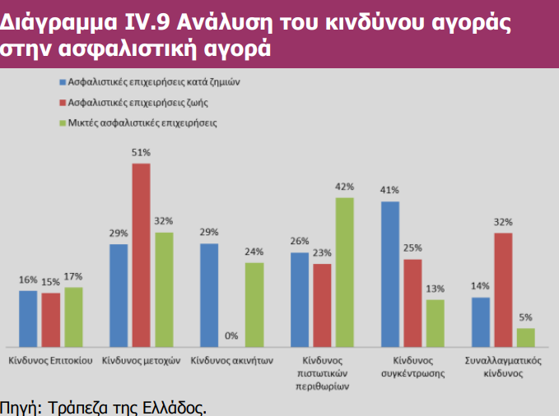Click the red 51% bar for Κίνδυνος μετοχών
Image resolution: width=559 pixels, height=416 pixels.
[x=142, y=255]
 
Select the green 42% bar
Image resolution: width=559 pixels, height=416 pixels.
[x=346, y=272]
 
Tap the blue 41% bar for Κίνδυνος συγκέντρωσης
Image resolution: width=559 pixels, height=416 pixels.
[x=389, y=274]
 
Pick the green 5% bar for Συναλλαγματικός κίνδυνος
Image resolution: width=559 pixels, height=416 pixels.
[x=525, y=338]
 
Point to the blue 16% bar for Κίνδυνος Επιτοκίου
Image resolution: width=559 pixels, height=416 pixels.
[x=29, y=318]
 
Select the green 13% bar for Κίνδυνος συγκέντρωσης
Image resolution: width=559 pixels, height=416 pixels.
[x=435, y=323]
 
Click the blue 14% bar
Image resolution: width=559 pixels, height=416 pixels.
[x=481, y=322]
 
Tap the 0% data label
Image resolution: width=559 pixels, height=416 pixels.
[x=231, y=335]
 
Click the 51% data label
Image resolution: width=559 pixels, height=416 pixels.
[x=141, y=152]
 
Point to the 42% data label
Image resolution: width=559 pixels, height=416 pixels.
[x=345, y=187]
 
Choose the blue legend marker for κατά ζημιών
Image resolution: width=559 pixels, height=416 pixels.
[x=62, y=83]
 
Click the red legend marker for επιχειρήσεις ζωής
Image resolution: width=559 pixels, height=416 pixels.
[x=62, y=103]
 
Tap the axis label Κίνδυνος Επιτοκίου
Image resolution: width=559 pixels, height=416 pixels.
[x=49, y=361]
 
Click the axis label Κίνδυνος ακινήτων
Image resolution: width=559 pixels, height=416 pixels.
[x=231, y=361]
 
